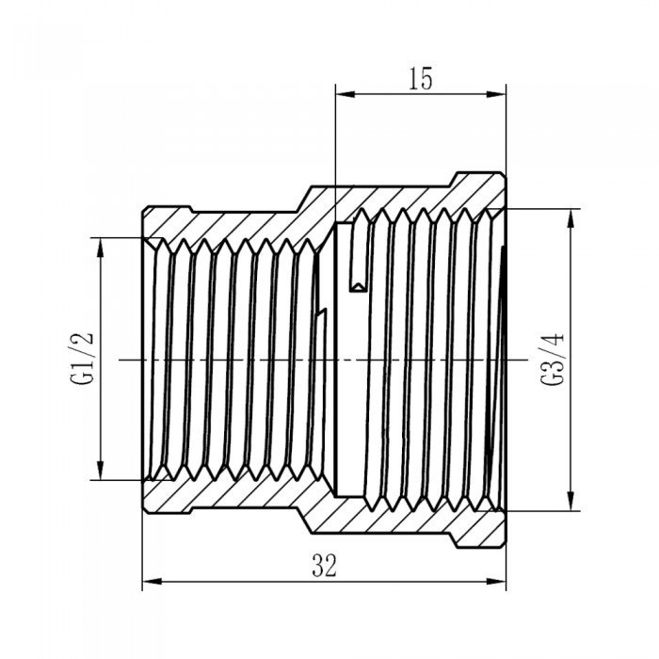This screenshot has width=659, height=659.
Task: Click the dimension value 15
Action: pos(421,80)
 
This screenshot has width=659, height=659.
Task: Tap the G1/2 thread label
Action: pos(84,358)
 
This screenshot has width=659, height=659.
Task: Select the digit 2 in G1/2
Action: pos(84,337)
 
